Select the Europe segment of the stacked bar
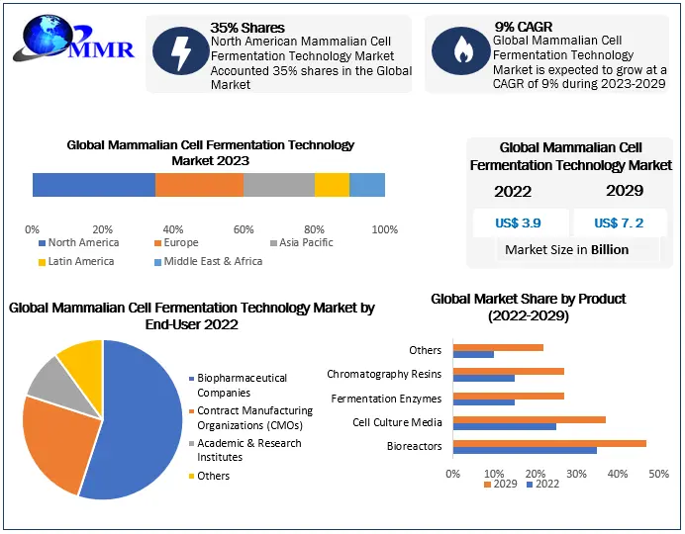(x=199, y=185)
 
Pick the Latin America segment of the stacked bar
(x=332, y=185)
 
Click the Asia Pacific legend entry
(x=302, y=242)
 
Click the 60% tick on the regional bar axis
(x=244, y=228)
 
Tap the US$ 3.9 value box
(x=521, y=222)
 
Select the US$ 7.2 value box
(x=619, y=222)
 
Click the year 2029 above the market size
(x=625, y=191)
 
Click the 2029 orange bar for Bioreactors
(x=549, y=443)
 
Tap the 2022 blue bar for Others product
(x=473, y=354)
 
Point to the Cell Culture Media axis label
(x=397, y=422)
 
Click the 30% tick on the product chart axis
(x=577, y=474)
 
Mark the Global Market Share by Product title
(x=529, y=307)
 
